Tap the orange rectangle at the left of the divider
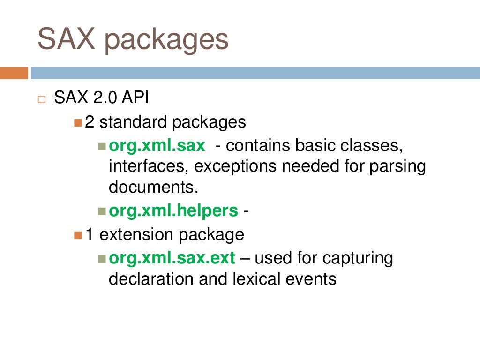14,73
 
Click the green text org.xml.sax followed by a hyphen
157,146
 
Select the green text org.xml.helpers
173,211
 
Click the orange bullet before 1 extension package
78,234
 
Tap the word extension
133,234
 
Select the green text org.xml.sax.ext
172,258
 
